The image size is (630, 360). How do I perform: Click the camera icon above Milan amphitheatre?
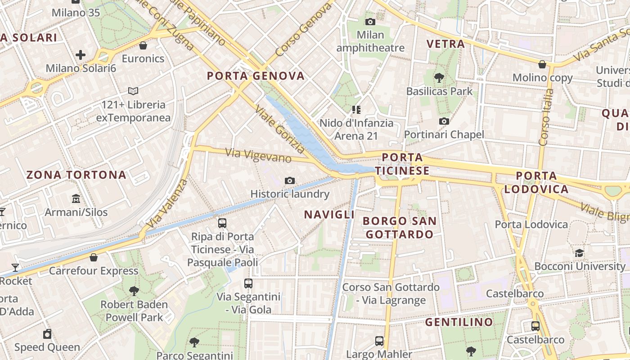pos(370,22)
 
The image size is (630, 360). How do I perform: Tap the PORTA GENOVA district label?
pos(256,76)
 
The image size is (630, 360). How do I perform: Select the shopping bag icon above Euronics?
pos(143,45)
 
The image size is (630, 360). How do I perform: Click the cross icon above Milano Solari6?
pos(81,55)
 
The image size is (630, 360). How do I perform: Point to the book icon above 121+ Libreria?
pos(133,91)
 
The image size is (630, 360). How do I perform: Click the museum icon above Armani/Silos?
pos(76,198)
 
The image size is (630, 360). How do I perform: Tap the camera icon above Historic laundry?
pos(290,181)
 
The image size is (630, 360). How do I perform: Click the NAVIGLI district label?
pos(329,214)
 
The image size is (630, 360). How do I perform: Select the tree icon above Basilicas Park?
pos(439,78)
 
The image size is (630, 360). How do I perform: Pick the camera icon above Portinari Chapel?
pos(444,121)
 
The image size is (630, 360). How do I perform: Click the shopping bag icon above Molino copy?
pos(543,64)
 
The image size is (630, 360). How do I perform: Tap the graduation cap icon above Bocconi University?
pos(580,253)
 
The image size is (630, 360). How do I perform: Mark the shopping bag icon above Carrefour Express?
pos(94,257)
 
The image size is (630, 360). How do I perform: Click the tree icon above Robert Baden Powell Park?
pos(134,291)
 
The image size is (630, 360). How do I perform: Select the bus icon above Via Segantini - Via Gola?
pos(248,283)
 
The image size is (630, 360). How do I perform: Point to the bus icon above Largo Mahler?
pos(379,341)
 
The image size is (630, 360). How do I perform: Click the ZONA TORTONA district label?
pos(76,175)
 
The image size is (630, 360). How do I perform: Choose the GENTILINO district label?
pos(459,322)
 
